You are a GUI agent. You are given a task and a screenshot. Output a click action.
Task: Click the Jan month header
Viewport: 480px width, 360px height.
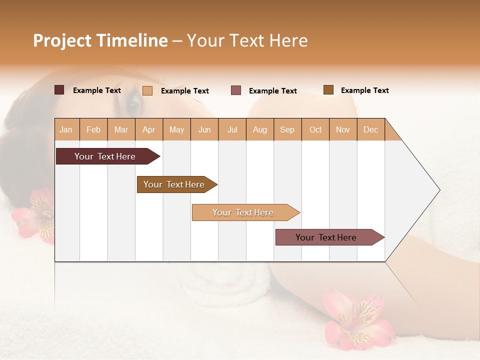click(x=66, y=129)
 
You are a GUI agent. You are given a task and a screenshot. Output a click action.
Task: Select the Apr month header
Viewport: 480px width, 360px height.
click(x=149, y=129)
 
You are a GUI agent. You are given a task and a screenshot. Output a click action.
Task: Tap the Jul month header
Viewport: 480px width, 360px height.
click(x=232, y=129)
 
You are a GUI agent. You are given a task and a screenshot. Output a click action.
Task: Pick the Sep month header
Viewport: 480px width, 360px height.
click(x=287, y=129)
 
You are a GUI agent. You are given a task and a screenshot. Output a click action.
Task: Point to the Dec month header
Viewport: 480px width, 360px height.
click(x=370, y=129)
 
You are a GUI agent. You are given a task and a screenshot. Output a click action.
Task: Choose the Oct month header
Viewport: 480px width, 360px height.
click(x=315, y=129)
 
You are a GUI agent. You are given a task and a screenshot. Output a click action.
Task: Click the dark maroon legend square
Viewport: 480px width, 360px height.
click(x=59, y=90)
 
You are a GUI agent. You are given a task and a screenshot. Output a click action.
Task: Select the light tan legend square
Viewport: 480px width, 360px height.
click(x=147, y=90)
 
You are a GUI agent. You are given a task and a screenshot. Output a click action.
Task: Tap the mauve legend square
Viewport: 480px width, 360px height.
click(x=235, y=90)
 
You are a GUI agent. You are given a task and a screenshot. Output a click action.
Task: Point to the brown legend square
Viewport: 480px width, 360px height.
click(x=328, y=90)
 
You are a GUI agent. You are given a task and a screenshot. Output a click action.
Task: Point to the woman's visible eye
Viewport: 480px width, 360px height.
click(x=133, y=104)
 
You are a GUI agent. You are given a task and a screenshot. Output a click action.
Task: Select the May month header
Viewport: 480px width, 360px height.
click(x=176, y=129)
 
